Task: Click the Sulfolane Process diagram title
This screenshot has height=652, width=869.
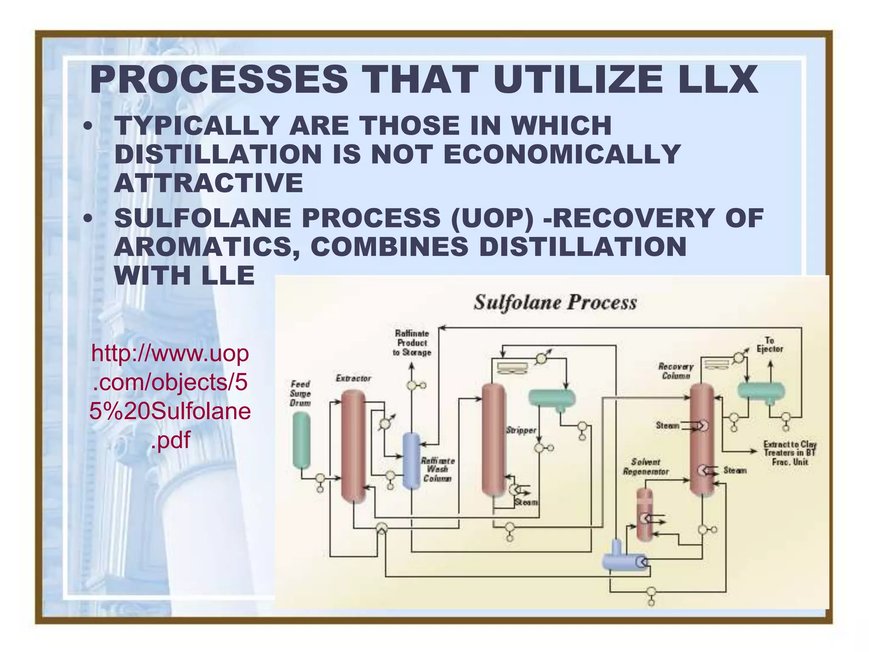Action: click(555, 303)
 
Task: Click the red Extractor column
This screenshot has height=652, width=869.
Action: click(353, 446)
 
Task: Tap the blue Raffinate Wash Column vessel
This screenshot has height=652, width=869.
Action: click(411, 461)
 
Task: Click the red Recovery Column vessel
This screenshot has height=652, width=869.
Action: click(702, 439)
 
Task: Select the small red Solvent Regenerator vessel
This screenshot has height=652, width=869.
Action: click(644, 514)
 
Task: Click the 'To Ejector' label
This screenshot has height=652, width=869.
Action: click(770, 345)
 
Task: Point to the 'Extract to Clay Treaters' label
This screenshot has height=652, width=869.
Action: click(790, 453)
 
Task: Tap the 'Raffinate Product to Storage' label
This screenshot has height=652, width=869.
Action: click(412, 343)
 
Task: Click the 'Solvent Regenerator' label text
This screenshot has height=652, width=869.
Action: click(645, 467)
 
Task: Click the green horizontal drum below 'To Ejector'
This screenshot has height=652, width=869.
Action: click(761, 391)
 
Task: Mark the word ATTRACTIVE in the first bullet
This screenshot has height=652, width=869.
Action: click(209, 183)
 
